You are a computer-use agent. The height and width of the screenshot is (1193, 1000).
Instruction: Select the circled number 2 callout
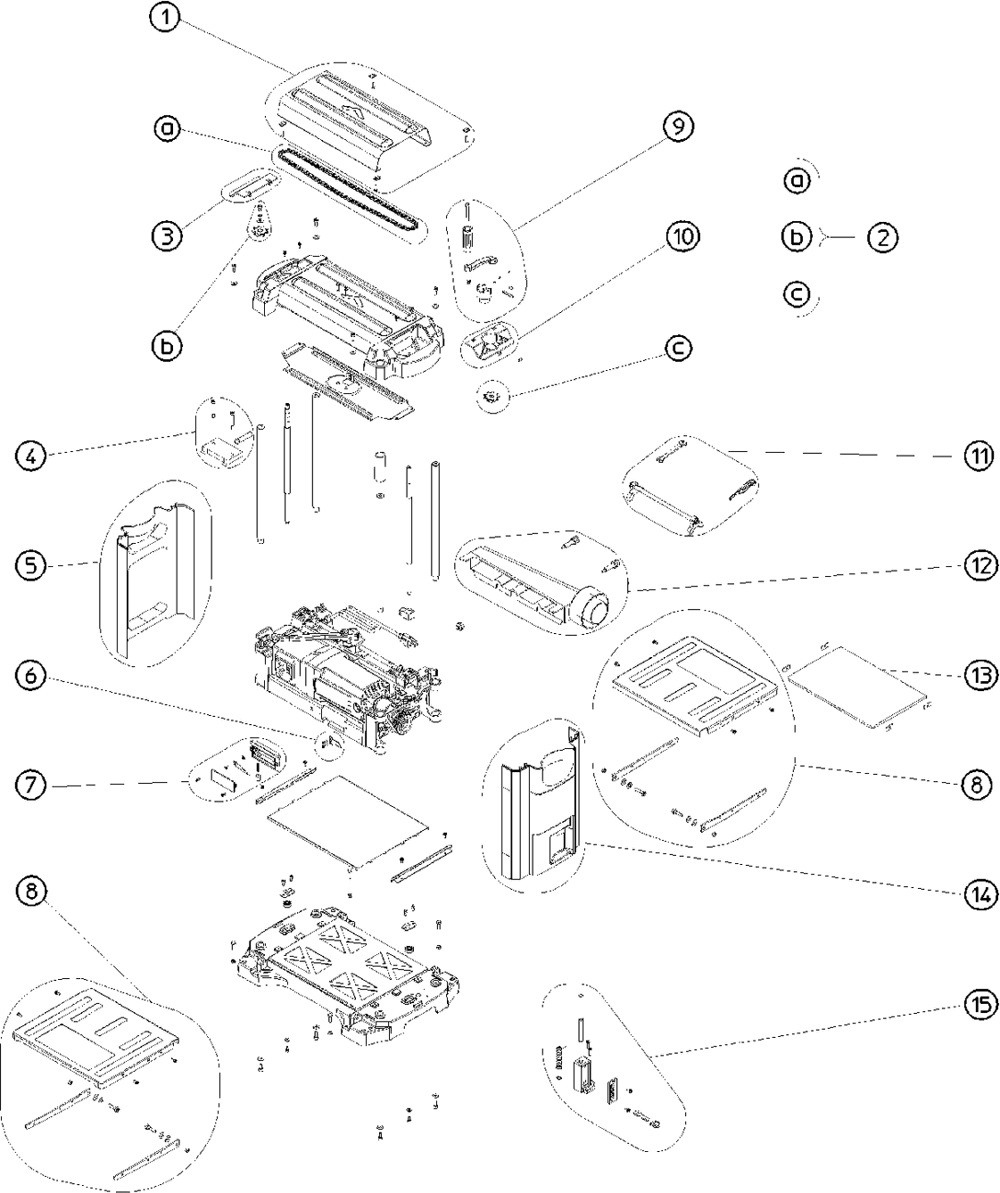click(x=882, y=238)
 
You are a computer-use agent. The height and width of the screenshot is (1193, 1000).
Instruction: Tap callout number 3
click(x=167, y=236)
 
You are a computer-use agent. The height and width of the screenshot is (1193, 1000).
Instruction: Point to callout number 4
click(x=30, y=457)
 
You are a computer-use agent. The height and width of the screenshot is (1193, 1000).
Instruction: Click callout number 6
click(x=30, y=676)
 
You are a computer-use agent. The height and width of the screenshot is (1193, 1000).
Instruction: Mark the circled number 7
click(x=30, y=785)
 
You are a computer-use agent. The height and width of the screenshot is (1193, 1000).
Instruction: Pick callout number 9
click(x=677, y=127)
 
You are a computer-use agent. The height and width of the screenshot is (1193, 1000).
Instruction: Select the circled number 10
click(x=682, y=236)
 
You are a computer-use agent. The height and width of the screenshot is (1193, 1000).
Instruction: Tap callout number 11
click(x=979, y=457)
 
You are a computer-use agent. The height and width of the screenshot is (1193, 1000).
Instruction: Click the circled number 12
click(x=979, y=565)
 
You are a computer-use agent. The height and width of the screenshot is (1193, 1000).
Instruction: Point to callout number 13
click(x=979, y=675)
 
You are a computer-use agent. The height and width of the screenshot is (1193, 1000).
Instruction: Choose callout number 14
click(x=979, y=894)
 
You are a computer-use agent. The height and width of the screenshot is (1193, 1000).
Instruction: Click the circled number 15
click(x=979, y=1005)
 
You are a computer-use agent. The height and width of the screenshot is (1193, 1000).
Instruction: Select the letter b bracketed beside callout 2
click(x=797, y=238)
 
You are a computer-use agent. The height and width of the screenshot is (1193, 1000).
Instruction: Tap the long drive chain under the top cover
click(x=348, y=193)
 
